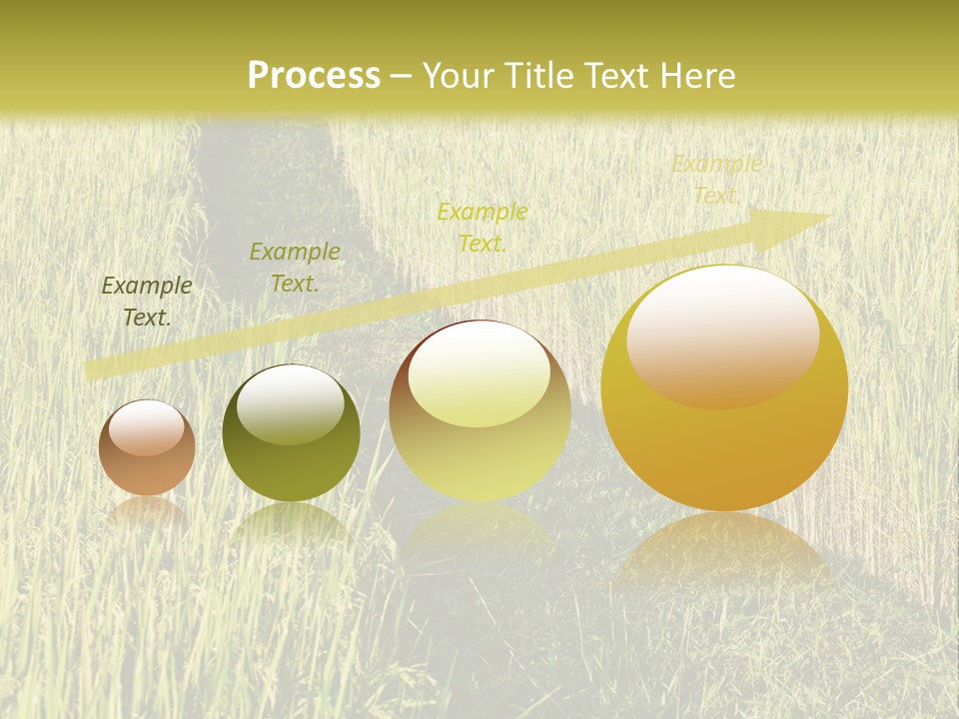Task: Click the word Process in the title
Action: coord(314,76)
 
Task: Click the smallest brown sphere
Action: coord(147,448)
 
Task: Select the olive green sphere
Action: coord(291,433)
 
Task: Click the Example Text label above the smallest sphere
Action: coord(147,301)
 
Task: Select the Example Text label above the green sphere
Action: coord(295,267)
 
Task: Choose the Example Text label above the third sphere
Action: coord(482,227)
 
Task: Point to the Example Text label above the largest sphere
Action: coord(716,179)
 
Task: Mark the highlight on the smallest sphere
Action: coord(146,427)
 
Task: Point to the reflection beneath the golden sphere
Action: coord(724,549)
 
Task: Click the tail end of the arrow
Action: coord(95,369)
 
